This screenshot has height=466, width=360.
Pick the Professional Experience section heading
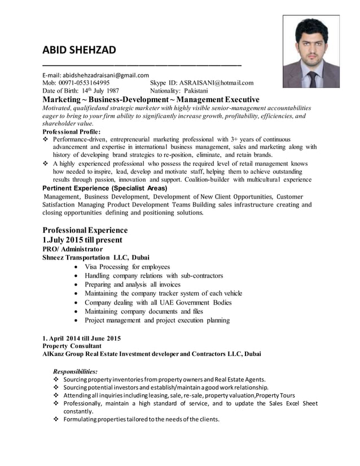85,230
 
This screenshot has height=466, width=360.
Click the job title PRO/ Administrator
73,248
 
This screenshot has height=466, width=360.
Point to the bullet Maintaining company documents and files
143,311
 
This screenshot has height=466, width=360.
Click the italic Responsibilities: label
74,371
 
